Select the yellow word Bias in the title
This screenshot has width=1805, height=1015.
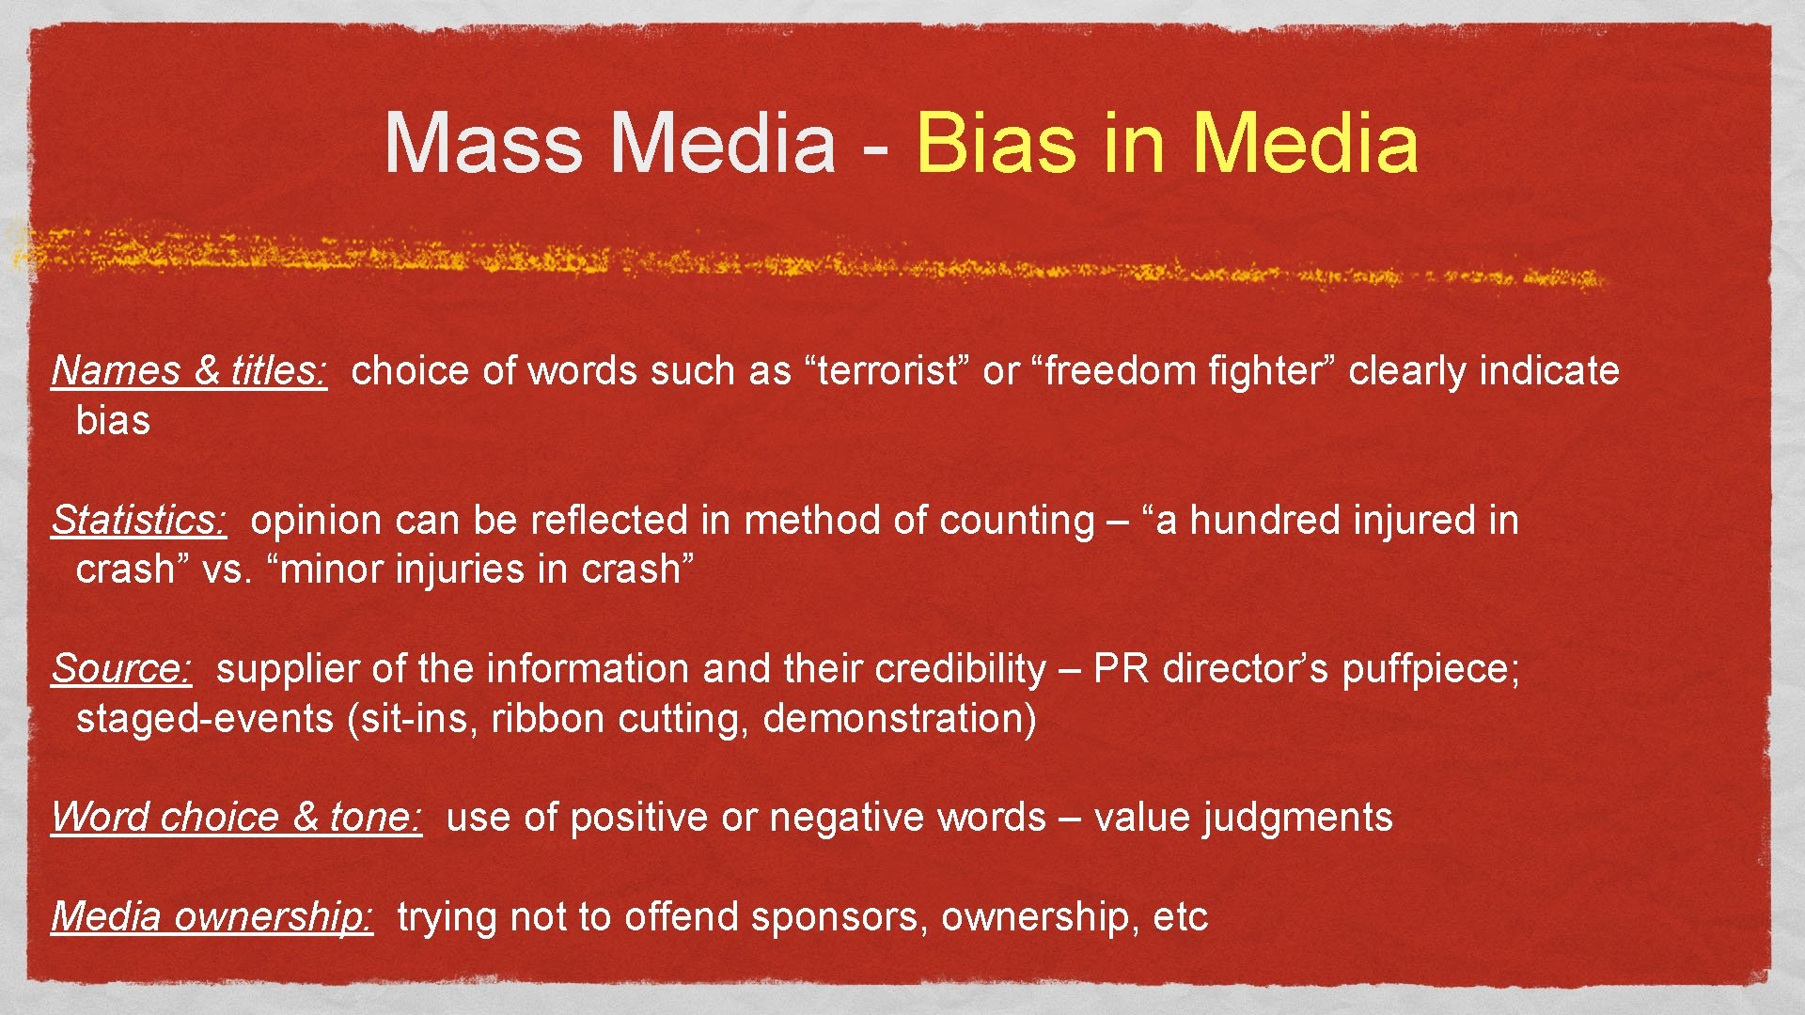996,144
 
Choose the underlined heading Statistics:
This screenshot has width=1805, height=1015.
139,521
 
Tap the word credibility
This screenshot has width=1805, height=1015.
960,669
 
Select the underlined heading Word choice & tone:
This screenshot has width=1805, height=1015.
237,818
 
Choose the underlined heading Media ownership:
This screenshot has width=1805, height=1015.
212,917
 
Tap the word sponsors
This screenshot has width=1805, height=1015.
835,917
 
